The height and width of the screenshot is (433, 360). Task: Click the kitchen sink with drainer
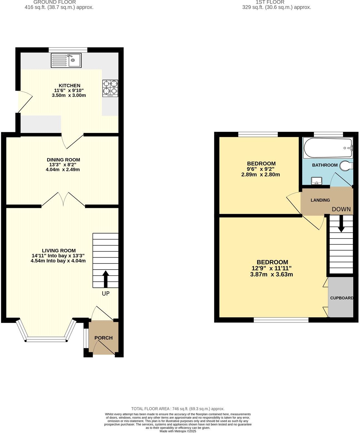(x=66, y=60)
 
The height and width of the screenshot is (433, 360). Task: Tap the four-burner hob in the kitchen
(x=110, y=88)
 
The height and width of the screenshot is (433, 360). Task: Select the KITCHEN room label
(x=69, y=85)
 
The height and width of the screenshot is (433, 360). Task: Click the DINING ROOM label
(x=63, y=160)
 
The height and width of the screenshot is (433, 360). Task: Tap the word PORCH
(x=103, y=338)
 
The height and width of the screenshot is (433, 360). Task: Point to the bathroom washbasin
(x=316, y=181)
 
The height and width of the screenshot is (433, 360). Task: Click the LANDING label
(x=320, y=200)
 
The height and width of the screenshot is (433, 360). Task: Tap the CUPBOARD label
(x=342, y=298)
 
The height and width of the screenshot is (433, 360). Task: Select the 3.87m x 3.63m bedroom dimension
(x=271, y=275)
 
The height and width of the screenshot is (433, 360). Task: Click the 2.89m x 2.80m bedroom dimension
(x=261, y=175)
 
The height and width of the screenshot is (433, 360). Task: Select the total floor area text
(x=178, y=409)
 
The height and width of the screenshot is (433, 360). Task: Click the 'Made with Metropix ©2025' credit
(x=178, y=431)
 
